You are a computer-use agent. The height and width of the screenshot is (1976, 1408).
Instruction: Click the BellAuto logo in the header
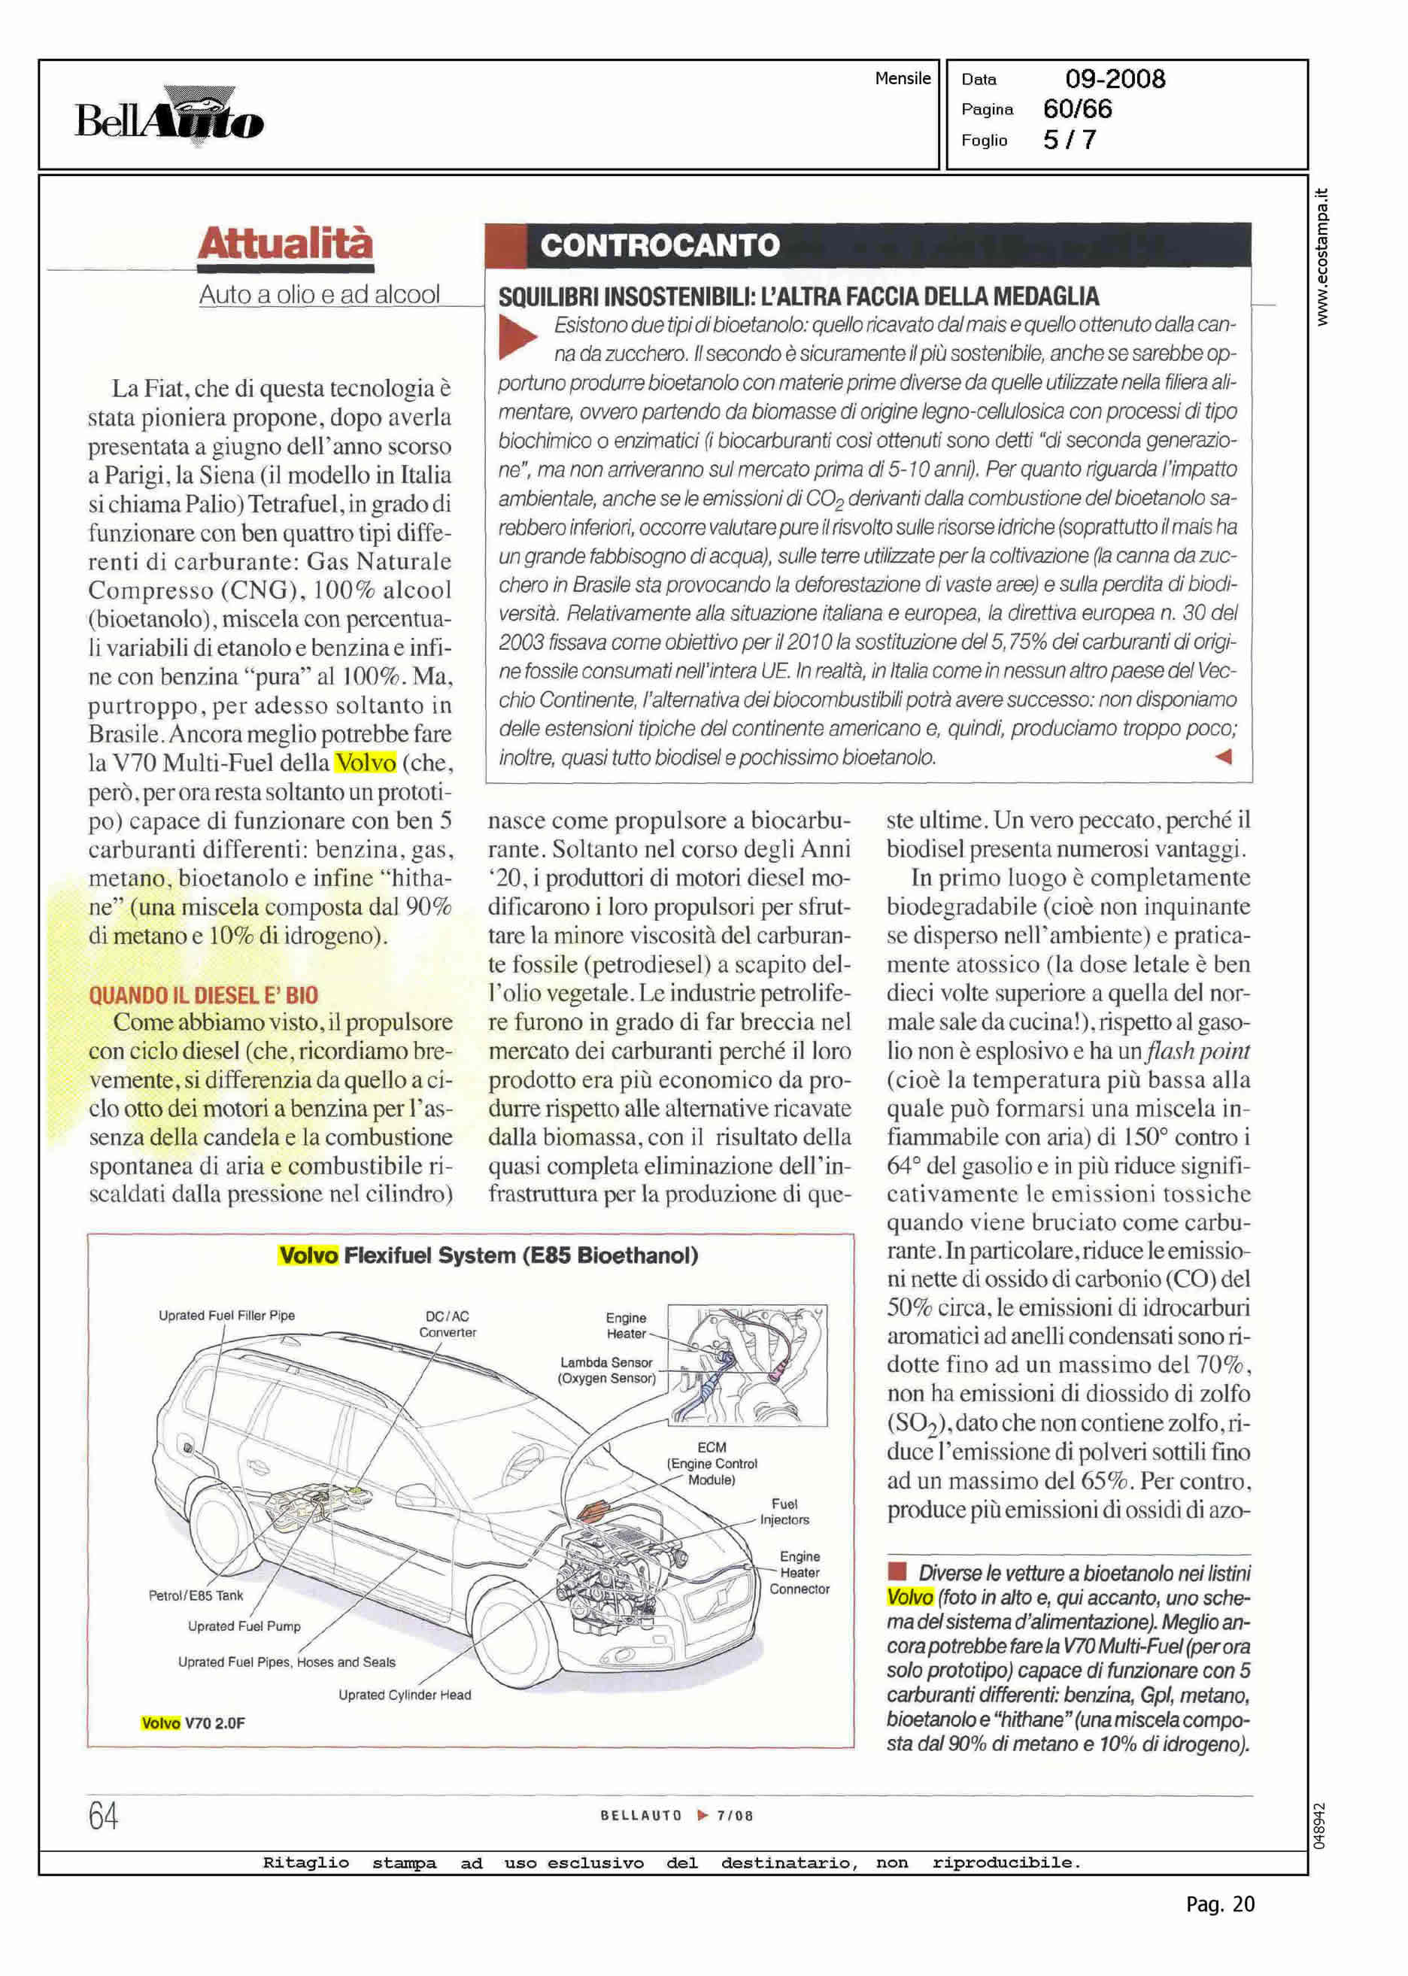coord(169,118)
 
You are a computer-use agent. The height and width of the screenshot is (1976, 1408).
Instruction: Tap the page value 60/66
coord(1077,109)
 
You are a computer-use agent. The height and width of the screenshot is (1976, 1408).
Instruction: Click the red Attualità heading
coord(285,244)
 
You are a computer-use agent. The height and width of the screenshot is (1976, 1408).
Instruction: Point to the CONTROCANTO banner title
coord(660,245)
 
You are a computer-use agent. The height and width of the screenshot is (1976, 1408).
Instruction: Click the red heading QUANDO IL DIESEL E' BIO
coord(203,994)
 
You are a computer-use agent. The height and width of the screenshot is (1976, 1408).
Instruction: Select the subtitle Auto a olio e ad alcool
coord(319,295)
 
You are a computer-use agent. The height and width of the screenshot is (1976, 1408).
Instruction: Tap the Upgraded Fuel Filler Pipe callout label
coord(226,1316)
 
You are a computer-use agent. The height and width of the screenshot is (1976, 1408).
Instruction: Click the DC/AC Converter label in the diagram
coord(448,1324)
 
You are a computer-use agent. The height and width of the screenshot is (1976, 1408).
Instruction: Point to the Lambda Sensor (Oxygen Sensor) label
coord(606,1370)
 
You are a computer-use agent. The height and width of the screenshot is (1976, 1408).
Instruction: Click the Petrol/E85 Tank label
coord(196,1595)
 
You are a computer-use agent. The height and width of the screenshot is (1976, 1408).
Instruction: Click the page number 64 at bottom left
coord(103,1815)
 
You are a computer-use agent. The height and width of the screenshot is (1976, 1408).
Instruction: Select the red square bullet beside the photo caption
coord(897,1571)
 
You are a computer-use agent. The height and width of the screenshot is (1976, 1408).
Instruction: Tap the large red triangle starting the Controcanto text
coord(517,337)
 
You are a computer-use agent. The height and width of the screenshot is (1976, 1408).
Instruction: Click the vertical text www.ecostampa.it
coord(1322,257)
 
